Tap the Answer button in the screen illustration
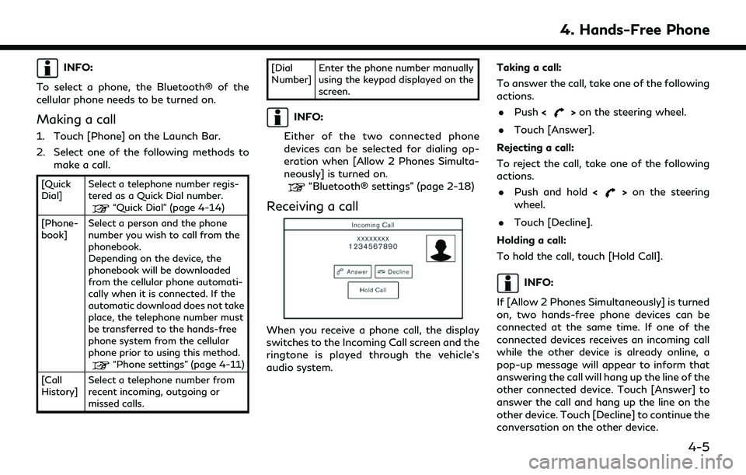pyautogui.click(x=351, y=271)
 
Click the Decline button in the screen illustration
pyautogui.click(x=393, y=271)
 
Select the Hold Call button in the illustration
pyautogui.click(x=373, y=290)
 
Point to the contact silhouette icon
pyautogui.click(x=441, y=249)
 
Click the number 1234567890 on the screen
pyautogui.click(x=372, y=246)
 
